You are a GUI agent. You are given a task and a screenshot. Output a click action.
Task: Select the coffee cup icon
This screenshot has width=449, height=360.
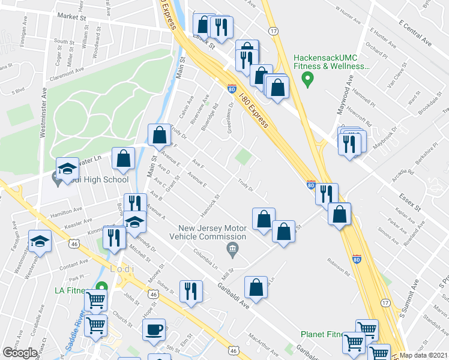(x=155, y=329)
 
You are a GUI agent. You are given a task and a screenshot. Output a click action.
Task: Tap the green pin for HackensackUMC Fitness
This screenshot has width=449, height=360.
(x=309, y=78)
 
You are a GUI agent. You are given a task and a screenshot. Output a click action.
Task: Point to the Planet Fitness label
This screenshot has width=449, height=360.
(x=327, y=334)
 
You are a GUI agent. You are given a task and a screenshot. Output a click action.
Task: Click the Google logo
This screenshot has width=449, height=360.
(x=20, y=353)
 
